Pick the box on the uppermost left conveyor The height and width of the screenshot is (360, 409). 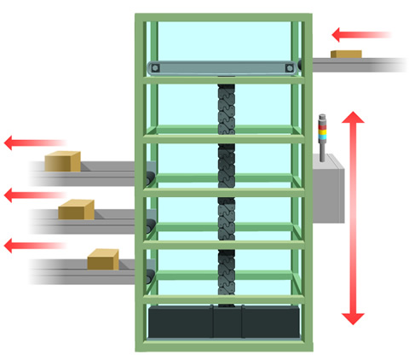(62, 160)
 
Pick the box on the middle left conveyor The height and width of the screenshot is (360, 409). (76, 209)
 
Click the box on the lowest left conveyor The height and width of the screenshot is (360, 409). (103, 258)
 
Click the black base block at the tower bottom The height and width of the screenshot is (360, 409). (224, 322)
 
